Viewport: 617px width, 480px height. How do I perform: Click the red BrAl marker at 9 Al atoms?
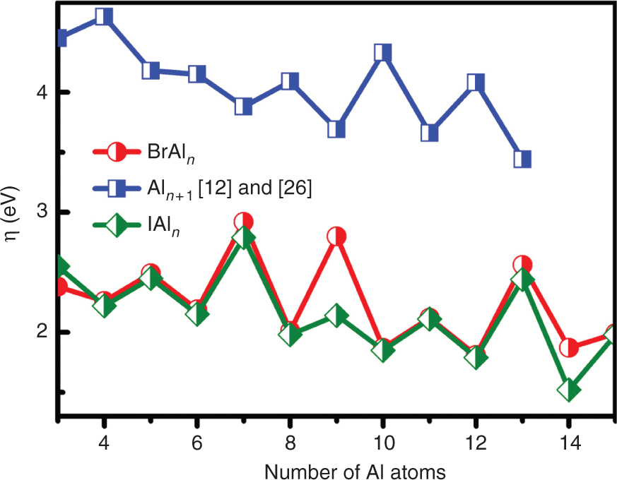[x=336, y=236]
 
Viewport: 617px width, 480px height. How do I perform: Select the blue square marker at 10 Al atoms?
[x=383, y=52]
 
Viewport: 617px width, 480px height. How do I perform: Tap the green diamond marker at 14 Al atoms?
[x=569, y=389]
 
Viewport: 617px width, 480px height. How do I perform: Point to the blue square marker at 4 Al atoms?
[x=104, y=16]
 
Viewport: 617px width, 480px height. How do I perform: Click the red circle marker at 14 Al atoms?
[x=569, y=347]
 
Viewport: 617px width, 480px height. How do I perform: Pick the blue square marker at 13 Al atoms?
[x=522, y=159]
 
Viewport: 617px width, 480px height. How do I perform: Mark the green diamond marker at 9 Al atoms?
[x=336, y=316]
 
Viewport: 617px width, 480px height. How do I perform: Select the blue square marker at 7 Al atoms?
[x=244, y=107]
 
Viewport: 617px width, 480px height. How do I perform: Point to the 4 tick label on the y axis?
[x=42, y=92]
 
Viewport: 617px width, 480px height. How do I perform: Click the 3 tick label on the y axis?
[x=42, y=212]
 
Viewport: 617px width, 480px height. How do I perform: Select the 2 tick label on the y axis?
[x=42, y=332]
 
